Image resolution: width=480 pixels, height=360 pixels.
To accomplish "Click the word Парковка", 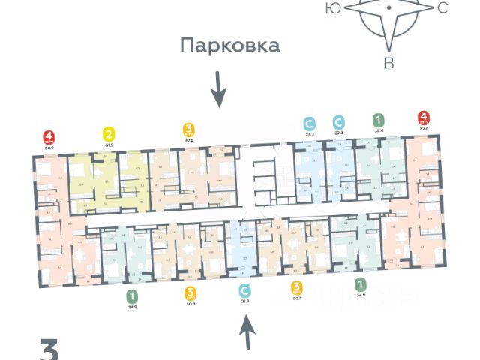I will (x=229, y=46).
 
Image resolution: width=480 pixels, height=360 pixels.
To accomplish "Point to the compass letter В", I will (x=388, y=63).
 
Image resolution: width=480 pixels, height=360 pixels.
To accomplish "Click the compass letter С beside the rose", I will (x=442, y=8).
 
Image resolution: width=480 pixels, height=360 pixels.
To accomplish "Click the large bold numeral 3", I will (x=49, y=350).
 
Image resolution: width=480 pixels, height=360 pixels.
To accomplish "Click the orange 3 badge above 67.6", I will (x=189, y=129).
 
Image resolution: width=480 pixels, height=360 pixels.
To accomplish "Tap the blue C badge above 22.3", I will (x=339, y=121).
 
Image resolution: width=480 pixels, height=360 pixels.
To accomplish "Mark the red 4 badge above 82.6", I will (x=424, y=118).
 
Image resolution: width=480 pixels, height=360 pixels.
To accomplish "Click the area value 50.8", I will (x=190, y=303).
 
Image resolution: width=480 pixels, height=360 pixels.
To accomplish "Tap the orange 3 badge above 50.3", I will (x=298, y=287).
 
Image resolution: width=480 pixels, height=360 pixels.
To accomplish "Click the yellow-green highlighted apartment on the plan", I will (x=97, y=184).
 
